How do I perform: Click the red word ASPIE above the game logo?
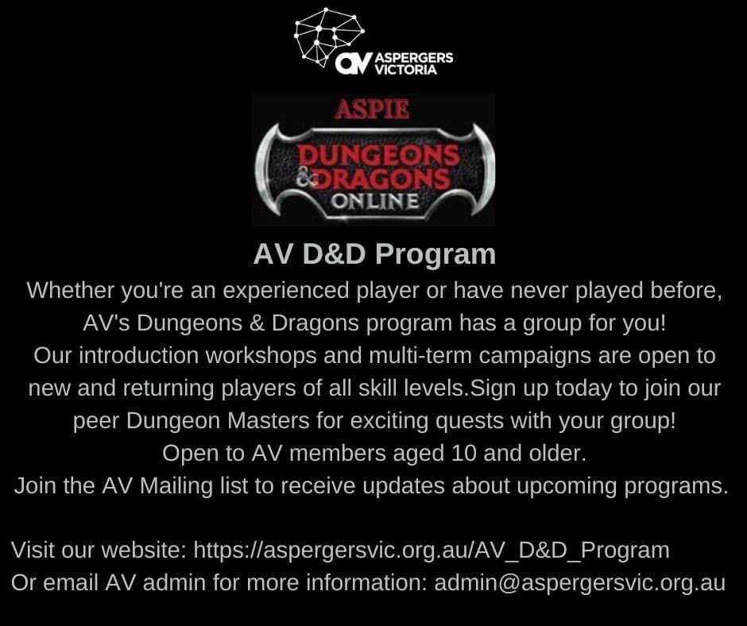[x=372, y=110]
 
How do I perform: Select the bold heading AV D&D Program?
[x=374, y=254]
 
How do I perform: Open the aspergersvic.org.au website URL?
[x=432, y=550]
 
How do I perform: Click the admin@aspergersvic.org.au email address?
[x=579, y=582]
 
